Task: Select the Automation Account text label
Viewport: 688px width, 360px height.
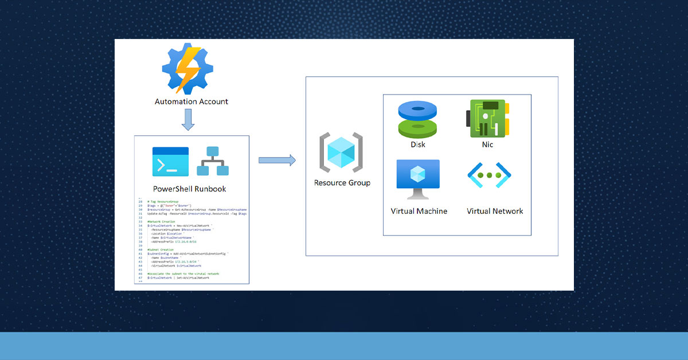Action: coord(191,101)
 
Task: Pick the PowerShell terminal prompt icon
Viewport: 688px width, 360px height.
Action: coord(170,162)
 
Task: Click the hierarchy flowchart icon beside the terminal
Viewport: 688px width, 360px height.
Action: coord(213,162)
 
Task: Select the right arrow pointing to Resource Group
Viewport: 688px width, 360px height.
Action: coord(277,160)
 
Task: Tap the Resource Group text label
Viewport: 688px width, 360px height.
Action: coord(342,183)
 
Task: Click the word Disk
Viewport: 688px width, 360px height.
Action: coord(418,144)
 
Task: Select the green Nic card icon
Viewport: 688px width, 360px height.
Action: coord(487,119)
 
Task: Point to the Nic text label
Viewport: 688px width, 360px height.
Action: coord(487,144)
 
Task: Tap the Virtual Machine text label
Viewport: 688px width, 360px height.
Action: coord(419,211)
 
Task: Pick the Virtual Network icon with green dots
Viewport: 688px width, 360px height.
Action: coord(489,175)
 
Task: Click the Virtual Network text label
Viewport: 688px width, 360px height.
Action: coord(495,211)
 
